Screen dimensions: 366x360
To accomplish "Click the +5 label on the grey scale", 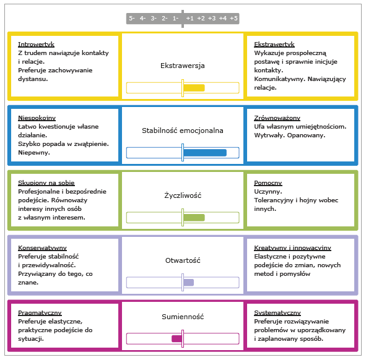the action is coord(233,18).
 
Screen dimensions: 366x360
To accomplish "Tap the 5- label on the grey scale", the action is coord(132,18).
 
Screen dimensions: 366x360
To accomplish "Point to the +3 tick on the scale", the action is coord(212,18).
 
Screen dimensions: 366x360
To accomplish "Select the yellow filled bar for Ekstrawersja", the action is coord(194,88).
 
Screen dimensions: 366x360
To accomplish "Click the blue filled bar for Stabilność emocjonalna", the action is coord(205,153).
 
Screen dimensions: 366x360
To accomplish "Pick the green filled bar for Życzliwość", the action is coord(194,218).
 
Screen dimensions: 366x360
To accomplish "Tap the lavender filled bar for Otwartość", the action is coord(189,282).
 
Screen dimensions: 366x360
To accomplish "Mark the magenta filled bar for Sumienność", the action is coord(176,338).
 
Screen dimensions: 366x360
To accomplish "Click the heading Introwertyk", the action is coord(36,45).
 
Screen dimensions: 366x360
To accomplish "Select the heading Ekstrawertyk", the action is coord(274,45).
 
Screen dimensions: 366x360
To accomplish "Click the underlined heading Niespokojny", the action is coord(37,118).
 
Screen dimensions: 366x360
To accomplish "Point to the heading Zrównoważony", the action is coord(277,118).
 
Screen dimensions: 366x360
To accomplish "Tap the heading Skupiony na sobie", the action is coord(46,183).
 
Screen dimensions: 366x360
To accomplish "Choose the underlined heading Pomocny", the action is coord(268,183).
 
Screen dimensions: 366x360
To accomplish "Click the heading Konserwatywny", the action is coord(43,247).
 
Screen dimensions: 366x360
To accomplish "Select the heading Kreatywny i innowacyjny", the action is coord(293,247).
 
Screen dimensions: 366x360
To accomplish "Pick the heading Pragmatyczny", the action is coord(40,312).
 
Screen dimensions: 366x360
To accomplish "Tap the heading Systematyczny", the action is coord(277,312).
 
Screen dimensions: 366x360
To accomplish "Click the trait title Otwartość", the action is coord(183,260).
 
